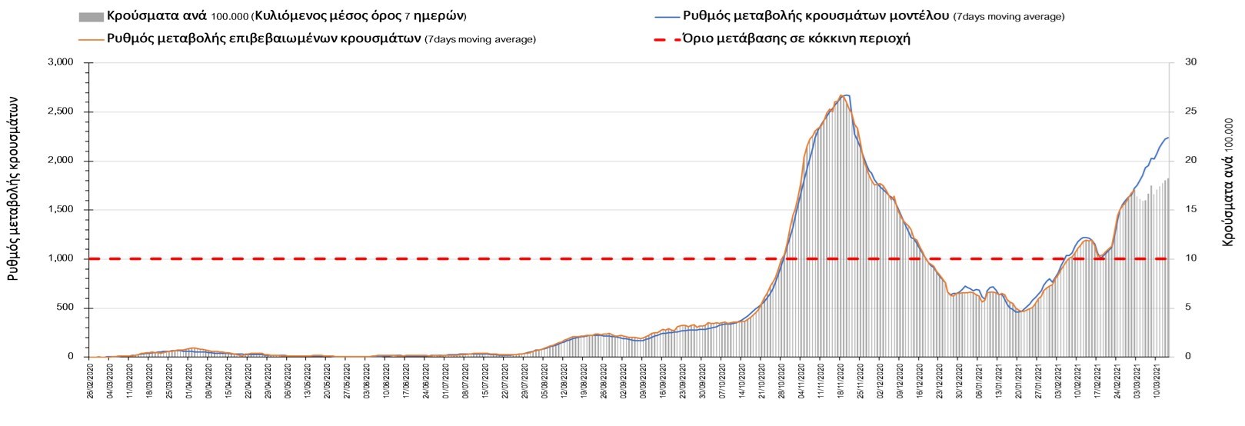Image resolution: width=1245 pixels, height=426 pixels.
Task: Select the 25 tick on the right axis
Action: pyautogui.click(x=1190, y=111)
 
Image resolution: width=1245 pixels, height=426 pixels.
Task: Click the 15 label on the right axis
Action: pyautogui.click(x=1190, y=210)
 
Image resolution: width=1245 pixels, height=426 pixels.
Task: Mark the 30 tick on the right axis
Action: pyautogui.click(x=1190, y=62)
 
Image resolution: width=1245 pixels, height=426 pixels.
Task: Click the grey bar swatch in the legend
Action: pyautogui.click(x=90, y=17)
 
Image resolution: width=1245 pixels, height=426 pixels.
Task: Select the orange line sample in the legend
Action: pyautogui.click(x=90, y=38)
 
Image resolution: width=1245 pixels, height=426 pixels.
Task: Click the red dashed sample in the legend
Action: pyautogui.click(x=666, y=38)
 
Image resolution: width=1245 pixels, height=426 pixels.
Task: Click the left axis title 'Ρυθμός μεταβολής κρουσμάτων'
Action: pyautogui.click(x=13, y=193)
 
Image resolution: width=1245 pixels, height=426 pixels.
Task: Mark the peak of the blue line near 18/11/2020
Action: pyautogui.click(x=846, y=95)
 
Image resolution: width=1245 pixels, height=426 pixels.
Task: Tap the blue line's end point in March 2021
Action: pyautogui.click(x=1168, y=138)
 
